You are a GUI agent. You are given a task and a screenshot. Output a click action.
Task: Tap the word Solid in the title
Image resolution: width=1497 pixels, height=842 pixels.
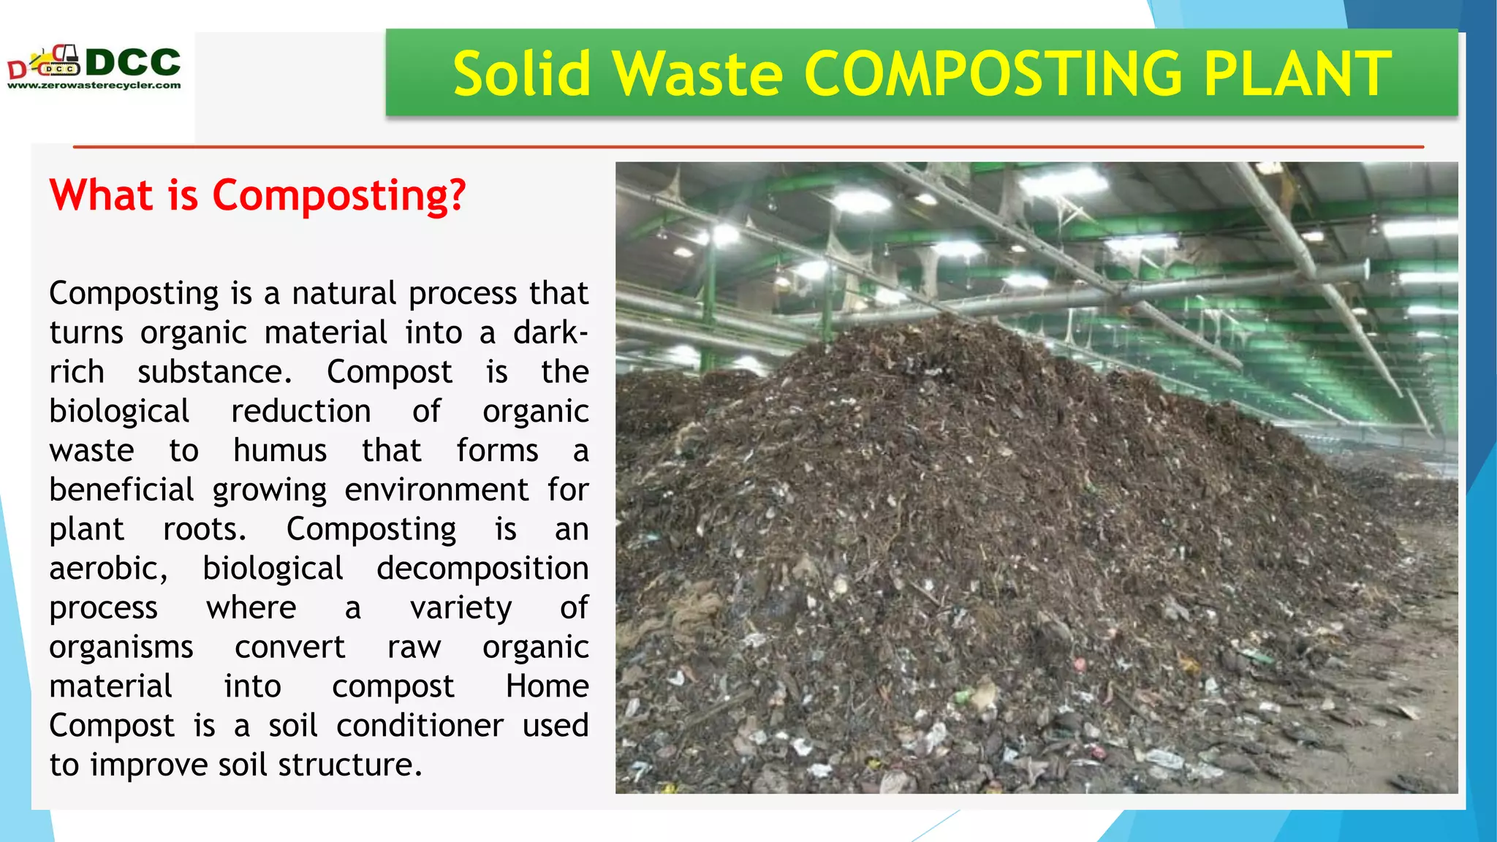click(521, 74)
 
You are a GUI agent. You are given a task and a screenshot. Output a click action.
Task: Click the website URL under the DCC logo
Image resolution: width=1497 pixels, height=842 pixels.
click(94, 86)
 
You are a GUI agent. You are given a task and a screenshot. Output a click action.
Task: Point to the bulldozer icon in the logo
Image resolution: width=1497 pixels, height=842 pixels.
click(59, 61)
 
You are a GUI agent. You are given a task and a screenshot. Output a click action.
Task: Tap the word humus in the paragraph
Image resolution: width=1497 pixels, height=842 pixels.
click(280, 450)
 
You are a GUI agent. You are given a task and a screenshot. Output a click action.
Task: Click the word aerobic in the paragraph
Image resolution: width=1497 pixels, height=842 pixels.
click(107, 569)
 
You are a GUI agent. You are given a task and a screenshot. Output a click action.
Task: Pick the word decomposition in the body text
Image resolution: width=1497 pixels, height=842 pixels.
click(482, 569)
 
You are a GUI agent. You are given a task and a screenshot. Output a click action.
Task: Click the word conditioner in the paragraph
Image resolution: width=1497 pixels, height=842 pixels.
click(420, 726)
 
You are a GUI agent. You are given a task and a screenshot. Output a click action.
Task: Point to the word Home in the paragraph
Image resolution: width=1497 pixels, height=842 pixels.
click(547, 686)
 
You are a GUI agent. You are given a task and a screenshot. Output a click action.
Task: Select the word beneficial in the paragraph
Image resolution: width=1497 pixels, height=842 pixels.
click(122, 490)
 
